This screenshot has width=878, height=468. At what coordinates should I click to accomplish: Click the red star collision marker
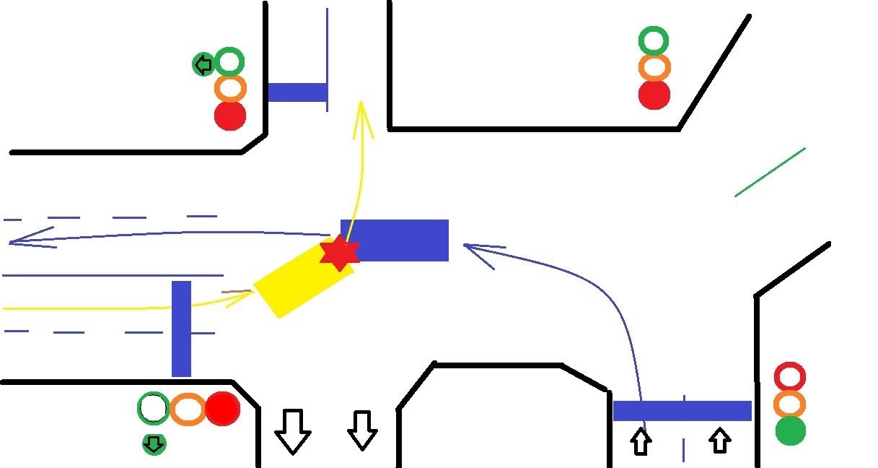pyautogui.click(x=339, y=253)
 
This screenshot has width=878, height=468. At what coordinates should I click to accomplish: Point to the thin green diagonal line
pyautogui.click(x=770, y=172)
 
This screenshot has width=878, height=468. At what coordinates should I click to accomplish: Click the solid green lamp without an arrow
pyautogui.click(x=790, y=431)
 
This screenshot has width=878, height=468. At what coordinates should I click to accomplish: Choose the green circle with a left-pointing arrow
pyautogui.click(x=203, y=65)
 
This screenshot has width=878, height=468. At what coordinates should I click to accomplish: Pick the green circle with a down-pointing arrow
pyautogui.click(x=154, y=443)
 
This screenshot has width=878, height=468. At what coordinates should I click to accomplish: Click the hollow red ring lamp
pyautogui.click(x=789, y=376)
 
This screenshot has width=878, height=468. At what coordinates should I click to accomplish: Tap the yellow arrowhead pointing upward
pyautogui.click(x=362, y=116)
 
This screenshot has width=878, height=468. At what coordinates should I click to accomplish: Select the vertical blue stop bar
pyautogui.click(x=181, y=329)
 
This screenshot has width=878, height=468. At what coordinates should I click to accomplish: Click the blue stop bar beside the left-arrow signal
pyautogui.click(x=297, y=92)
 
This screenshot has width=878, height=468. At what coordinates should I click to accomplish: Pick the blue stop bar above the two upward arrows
pyautogui.click(x=682, y=411)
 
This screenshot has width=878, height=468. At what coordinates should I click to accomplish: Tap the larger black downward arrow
pyautogui.click(x=292, y=431)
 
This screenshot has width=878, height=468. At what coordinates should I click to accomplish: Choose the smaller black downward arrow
pyautogui.click(x=361, y=430)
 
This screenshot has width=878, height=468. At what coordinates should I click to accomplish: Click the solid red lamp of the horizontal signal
pyautogui.click(x=221, y=409)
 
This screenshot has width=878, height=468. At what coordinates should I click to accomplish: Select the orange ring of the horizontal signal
pyautogui.click(x=188, y=409)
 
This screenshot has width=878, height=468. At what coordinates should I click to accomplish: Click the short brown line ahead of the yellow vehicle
pyautogui.click(x=236, y=292)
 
